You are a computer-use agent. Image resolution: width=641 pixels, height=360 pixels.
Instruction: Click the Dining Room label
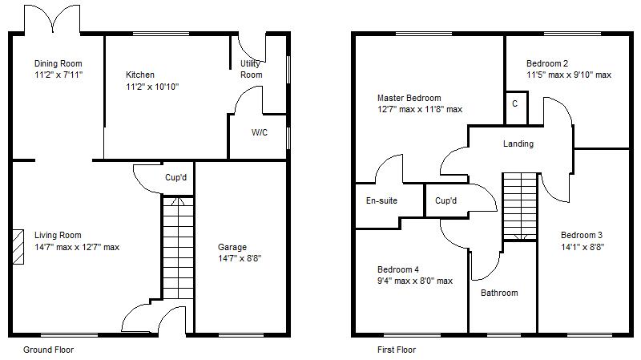pos(58,64)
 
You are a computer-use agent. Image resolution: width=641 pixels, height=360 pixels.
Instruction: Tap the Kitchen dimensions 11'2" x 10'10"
pos(151,87)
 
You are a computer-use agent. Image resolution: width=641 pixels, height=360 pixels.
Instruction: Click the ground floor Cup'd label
pos(175,177)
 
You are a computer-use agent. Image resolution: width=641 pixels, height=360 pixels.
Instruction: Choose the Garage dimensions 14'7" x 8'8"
pos(240,258)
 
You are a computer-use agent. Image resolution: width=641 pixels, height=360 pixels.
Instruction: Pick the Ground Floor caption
pos(48,350)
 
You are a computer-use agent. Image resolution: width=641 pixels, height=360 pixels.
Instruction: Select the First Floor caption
pos(397,350)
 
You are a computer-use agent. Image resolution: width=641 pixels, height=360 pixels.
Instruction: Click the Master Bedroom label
pos(409,98)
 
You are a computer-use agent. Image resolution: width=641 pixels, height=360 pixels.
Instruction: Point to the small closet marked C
pos(514,104)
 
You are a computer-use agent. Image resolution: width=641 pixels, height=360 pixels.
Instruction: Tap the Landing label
pos(518,144)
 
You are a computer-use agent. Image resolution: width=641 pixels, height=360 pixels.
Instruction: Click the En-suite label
pos(381,200)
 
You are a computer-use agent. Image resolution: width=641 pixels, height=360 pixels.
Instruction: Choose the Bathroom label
pos(499,293)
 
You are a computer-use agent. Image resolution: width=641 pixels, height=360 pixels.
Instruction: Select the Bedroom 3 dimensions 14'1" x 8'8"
pos(582,247)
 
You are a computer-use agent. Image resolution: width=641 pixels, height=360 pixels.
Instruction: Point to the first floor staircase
pos(519,206)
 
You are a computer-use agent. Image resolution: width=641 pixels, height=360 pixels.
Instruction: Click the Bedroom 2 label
pos(547,64)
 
